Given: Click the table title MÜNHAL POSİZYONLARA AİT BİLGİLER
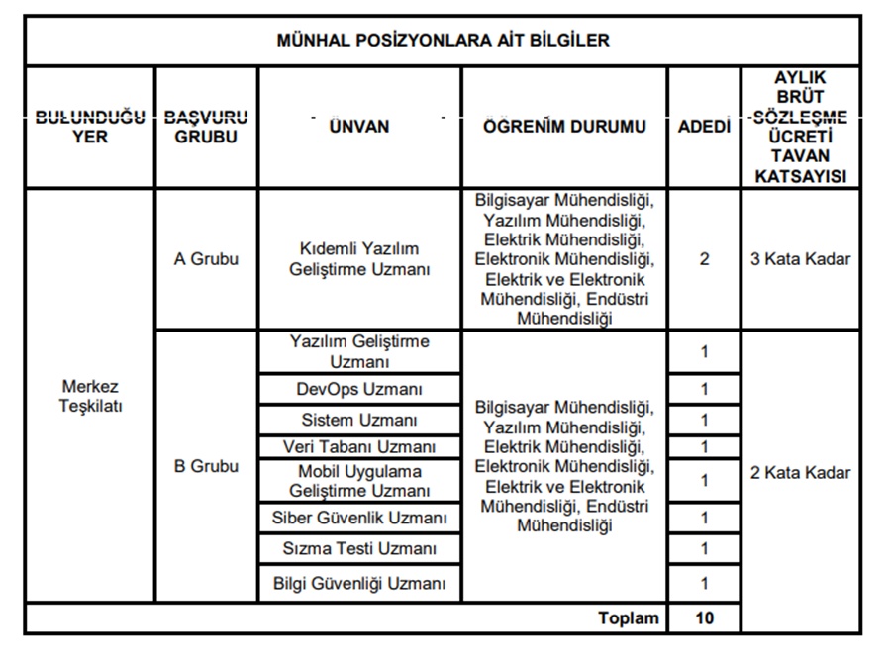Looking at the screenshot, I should click(443, 42).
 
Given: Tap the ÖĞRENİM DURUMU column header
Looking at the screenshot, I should click(564, 127).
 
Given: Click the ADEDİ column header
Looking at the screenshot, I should click(704, 127).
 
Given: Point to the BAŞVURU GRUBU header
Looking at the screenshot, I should click(206, 127).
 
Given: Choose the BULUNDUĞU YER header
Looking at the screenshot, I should click(90, 127).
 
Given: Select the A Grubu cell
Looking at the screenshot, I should click(206, 260).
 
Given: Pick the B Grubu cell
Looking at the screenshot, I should click(206, 467).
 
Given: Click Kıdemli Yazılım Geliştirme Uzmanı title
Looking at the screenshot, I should click(359, 260).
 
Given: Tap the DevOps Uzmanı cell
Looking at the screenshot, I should click(359, 389).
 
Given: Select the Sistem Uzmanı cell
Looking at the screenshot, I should click(359, 420).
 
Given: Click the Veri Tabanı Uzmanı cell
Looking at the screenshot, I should click(359, 447).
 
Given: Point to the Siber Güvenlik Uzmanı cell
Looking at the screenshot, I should click(359, 518).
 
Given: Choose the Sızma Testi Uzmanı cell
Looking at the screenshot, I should click(359, 548).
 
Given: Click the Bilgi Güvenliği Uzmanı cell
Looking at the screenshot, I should click(359, 583).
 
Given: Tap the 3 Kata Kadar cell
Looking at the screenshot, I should click(801, 260).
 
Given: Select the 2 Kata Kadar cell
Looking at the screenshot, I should click(801, 472).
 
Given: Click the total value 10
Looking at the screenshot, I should click(704, 618).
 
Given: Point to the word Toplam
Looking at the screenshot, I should click(628, 618).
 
